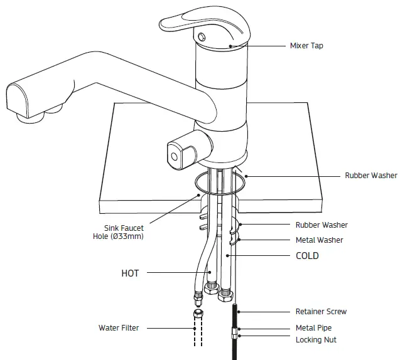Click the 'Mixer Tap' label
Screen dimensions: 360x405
tap(307, 46)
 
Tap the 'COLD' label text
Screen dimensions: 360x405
tap(307, 256)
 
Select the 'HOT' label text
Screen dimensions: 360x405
tap(130, 273)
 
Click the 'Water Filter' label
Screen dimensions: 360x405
tap(119, 327)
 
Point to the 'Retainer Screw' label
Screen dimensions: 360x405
tap(321, 312)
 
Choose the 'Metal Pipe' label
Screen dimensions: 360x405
tap(313, 328)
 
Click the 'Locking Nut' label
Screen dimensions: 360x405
tap(316, 340)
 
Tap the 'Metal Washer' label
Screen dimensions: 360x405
tap(319, 240)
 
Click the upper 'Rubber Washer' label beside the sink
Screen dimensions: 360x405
tap(371, 176)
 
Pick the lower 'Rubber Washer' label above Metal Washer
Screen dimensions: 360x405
tap(321, 225)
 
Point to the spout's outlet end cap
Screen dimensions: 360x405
tap(17, 100)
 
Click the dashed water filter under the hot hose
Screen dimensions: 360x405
tap(198, 329)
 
